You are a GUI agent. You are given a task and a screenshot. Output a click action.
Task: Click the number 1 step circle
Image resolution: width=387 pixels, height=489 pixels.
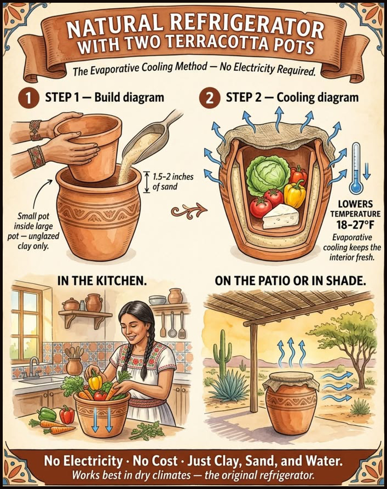[28, 99]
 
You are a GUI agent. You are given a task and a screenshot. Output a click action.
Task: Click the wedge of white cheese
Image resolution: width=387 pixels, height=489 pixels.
[280, 216]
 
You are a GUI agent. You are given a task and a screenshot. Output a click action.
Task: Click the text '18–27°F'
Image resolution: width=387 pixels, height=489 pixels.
[355, 225]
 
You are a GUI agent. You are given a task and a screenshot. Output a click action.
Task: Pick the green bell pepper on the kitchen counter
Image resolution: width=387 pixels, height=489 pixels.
[47, 415]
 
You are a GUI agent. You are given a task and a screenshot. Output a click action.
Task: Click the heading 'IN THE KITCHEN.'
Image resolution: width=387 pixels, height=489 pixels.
[102, 281]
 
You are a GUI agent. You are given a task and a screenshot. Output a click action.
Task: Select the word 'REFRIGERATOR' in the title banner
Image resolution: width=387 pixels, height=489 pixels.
[247, 27]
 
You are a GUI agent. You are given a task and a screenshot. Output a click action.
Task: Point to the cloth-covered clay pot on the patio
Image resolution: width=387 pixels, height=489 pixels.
[291, 405]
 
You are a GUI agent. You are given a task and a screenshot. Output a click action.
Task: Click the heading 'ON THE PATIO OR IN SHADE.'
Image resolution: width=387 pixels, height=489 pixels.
[290, 281]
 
